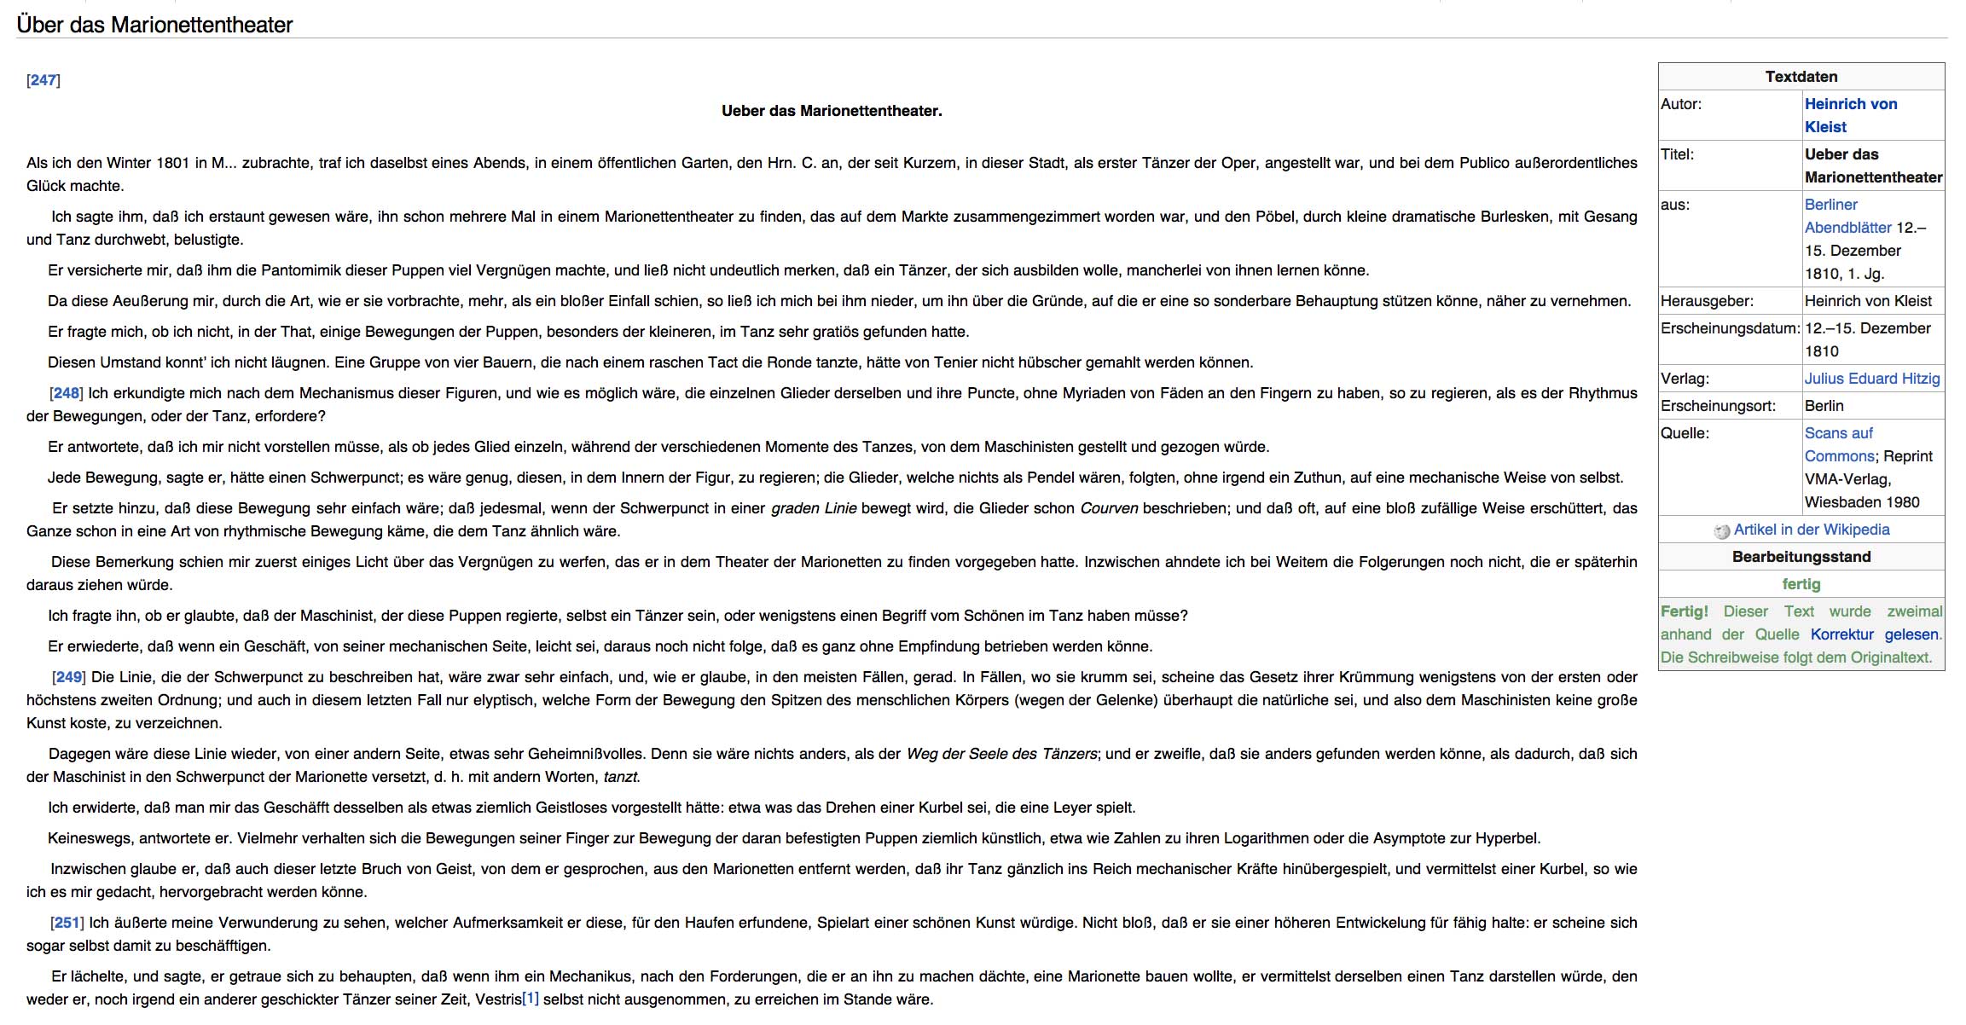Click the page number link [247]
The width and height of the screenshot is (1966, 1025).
(x=43, y=80)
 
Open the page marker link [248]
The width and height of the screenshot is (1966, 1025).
(x=67, y=393)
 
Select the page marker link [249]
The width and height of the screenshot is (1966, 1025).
(x=69, y=677)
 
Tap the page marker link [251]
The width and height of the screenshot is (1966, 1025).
(x=67, y=923)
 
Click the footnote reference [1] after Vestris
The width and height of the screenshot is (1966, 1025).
(x=531, y=998)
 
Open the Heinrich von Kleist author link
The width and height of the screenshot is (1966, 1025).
(x=1850, y=105)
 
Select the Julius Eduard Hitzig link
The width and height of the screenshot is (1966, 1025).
(x=1871, y=379)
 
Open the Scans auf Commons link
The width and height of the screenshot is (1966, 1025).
(x=1838, y=433)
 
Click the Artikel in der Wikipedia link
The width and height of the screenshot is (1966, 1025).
(x=1811, y=530)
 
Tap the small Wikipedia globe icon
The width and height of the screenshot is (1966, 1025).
(x=1721, y=531)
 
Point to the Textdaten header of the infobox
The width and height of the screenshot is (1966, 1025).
(x=1801, y=77)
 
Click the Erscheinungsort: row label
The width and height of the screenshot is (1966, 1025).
(x=1717, y=406)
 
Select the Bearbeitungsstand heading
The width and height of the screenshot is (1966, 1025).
(x=1801, y=557)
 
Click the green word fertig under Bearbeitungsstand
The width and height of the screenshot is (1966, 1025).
(x=1801, y=584)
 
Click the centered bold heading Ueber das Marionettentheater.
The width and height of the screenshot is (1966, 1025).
(x=832, y=111)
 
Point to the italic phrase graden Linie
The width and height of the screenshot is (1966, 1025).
(x=814, y=508)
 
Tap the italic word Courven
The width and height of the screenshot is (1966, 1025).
(x=1109, y=508)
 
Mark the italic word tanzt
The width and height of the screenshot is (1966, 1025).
(x=621, y=777)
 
